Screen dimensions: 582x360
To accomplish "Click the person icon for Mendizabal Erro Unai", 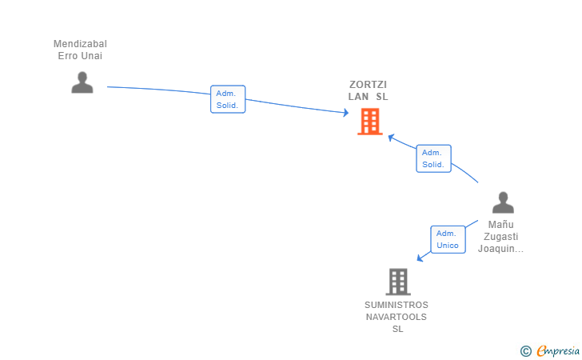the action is (82, 82).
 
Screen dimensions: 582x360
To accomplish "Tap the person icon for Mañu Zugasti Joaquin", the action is (503, 202).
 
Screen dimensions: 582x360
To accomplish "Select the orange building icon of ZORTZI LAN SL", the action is (369, 122).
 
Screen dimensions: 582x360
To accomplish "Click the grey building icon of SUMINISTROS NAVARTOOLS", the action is (397, 282).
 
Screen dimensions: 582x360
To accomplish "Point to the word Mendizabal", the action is (80, 44).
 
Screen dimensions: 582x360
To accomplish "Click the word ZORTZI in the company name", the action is (368, 85).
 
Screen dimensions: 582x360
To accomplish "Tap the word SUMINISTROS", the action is (397, 305).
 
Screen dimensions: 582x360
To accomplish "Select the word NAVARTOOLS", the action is (397, 317).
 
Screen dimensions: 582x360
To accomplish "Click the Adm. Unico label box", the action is (448, 239).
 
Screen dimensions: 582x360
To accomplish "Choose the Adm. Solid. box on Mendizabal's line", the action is (228, 99).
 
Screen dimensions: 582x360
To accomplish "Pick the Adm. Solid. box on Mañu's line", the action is (433, 158).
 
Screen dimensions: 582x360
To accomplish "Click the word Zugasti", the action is (500, 237).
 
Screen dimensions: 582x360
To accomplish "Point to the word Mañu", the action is (500, 225).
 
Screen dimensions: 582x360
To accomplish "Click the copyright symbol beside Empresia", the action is (525, 351).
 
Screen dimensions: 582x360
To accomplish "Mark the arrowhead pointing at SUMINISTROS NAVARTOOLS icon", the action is (420, 258).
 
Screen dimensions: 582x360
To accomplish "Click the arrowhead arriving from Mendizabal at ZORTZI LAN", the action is (346, 114).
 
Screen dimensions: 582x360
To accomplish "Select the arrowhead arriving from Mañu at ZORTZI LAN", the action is (391, 138).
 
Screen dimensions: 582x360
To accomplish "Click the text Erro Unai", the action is (80, 56).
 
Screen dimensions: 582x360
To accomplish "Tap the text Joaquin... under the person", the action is (500, 249).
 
